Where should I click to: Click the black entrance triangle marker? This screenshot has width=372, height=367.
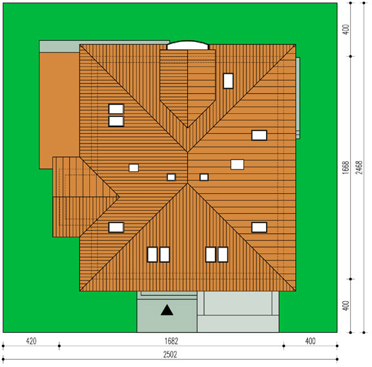(167, 310)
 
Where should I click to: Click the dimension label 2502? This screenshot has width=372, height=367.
(170, 355)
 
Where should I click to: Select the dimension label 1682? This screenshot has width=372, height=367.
(171, 341)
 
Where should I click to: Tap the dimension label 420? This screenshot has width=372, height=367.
(31, 341)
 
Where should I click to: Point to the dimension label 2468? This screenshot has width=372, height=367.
(359, 167)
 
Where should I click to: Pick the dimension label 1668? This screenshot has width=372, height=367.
(346, 167)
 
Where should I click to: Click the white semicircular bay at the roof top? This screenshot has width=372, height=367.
(188, 46)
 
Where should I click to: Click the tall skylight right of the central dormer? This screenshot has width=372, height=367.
(228, 81)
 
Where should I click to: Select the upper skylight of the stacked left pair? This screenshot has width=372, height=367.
(116, 109)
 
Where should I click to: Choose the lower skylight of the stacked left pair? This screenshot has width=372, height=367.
(116, 121)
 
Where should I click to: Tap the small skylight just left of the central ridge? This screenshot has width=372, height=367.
(171, 177)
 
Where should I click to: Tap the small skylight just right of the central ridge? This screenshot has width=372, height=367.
(204, 177)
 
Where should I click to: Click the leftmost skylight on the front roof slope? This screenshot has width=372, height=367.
(152, 255)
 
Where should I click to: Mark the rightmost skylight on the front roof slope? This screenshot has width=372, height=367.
(223, 255)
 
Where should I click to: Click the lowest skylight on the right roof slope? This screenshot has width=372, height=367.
(260, 227)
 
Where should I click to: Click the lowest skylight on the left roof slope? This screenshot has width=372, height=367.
(116, 227)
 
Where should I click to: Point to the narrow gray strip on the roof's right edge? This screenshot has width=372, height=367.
(298, 98)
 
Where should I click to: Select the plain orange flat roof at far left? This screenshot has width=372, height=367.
(59, 110)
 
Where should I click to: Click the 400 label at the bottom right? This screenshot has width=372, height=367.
(310, 341)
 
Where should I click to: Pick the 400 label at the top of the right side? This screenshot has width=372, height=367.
(346, 30)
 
